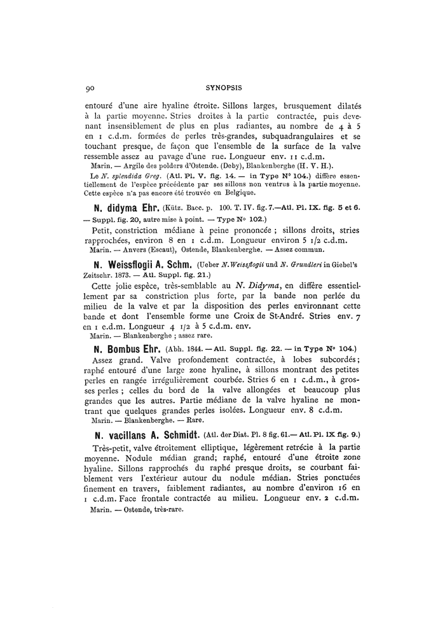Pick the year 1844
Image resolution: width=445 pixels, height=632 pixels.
(189, 349)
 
